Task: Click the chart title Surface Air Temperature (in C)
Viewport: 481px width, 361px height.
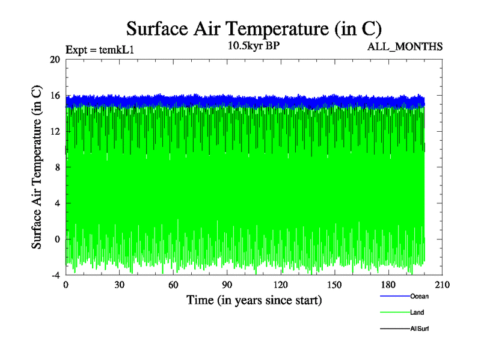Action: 254,28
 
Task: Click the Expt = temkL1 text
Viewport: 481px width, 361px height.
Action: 99,50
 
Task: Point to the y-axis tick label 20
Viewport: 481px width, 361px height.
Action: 55,60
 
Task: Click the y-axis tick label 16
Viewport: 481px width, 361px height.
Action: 55,96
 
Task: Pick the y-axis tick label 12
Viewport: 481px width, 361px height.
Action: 55,131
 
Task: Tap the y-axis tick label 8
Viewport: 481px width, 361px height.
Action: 57,167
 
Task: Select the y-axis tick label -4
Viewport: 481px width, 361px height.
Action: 55,275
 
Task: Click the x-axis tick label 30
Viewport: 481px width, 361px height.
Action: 119,285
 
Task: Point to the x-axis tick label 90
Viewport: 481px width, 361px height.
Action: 227,285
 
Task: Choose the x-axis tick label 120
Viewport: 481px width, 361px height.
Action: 281,285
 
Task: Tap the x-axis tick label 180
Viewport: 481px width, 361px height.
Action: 388,285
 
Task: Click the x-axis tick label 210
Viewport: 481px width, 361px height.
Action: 442,285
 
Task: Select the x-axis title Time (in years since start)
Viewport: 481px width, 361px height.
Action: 254,300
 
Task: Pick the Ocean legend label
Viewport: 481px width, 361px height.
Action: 419,296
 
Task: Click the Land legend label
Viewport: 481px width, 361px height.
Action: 417,312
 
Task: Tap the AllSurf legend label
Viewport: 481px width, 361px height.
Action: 420,329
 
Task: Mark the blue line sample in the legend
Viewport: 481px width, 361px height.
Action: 394,296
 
